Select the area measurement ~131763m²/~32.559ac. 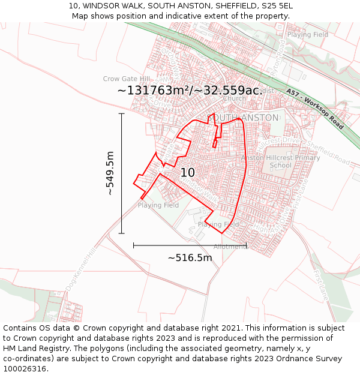(189, 90)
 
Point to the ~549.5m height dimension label (110, 173)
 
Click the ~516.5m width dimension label (190, 257)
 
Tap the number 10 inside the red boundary (188, 173)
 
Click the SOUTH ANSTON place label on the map (243, 118)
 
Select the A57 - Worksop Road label (315, 110)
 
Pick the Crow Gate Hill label (126, 79)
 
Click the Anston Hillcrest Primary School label (281, 161)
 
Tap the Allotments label (230, 247)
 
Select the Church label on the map (234, 98)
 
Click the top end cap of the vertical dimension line (122, 113)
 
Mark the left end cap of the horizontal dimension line (134, 245)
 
